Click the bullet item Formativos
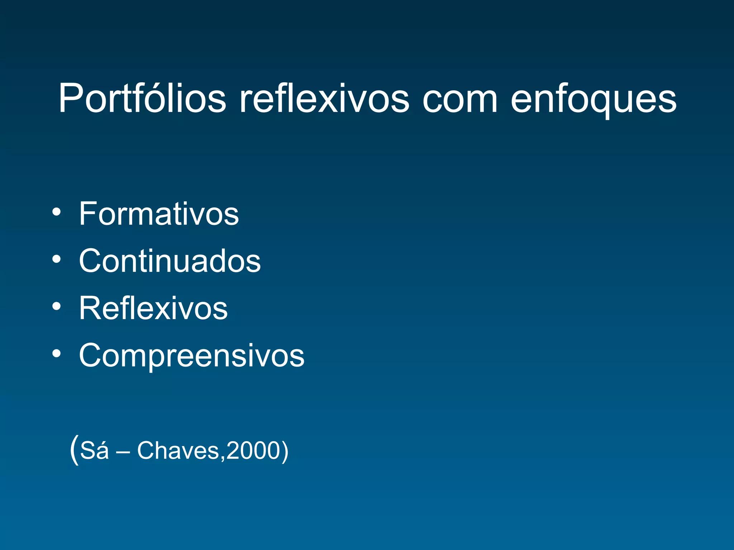[159, 214]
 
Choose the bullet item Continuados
[170, 261]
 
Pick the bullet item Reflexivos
[153, 308]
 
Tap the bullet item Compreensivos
[192, 356]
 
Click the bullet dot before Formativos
[56, 211]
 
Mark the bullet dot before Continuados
[56, 259]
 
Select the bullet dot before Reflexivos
[56, 306]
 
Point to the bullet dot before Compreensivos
[56, 353]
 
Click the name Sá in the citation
[94, 450]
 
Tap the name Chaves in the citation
[178, 450]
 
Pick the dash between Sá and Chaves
[123, 452]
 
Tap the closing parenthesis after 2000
[285, 451]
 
